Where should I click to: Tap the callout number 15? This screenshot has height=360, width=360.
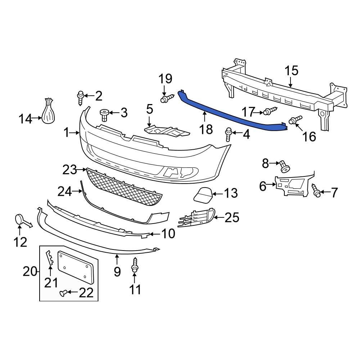point(292,71)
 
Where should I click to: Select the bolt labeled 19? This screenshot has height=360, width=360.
point(166,98)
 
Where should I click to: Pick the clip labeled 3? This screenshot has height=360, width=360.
point(104,115)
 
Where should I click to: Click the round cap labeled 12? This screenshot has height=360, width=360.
point(19,219)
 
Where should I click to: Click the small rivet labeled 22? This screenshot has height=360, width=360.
point(63,294)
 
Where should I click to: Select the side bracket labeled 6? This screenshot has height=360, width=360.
point(292,185)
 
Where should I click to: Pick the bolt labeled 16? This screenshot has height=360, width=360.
point(294,121)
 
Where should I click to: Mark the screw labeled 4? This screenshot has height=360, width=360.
point(228,134)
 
